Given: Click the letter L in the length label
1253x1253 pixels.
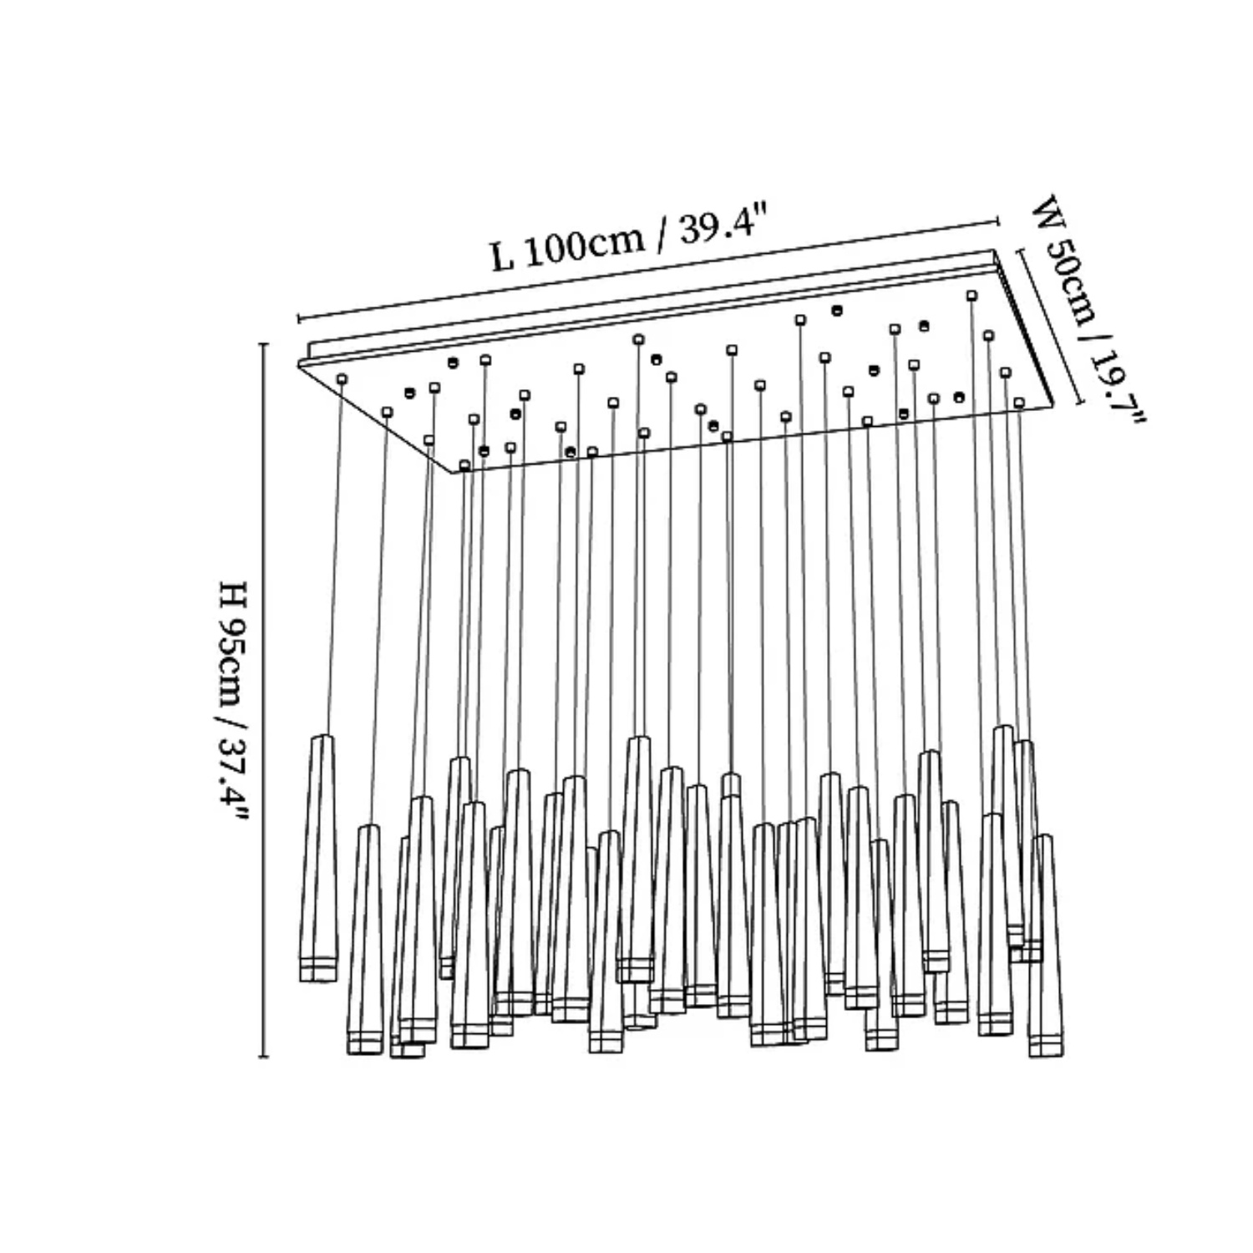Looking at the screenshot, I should [501, 256].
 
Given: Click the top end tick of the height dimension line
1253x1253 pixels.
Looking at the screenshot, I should [265, 344].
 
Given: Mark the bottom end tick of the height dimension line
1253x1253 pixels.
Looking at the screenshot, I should [265, 1057].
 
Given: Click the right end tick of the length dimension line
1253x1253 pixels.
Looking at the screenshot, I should [998, 221].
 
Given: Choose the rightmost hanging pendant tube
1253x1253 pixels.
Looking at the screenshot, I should [1046, 944].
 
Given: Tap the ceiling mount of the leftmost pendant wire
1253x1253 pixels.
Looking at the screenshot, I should [342, 379].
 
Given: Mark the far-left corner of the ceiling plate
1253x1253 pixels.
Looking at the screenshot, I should [299, 363].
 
